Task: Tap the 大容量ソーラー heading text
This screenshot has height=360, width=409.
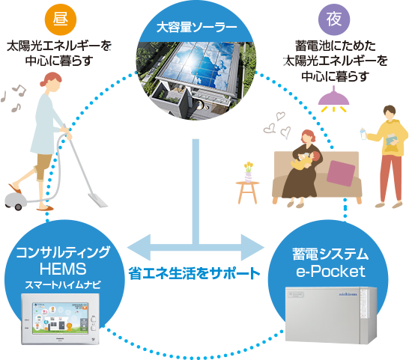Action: (197, 29)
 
